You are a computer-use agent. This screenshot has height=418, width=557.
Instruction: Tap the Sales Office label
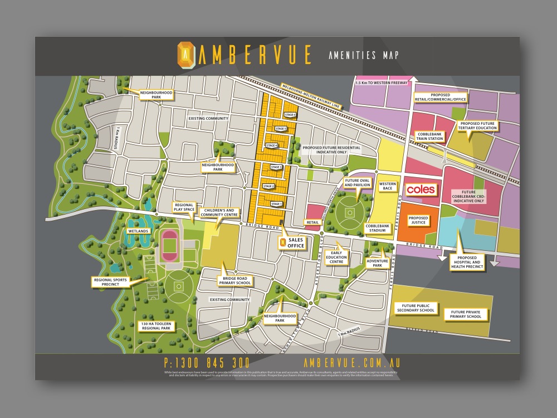pyautogui.click(x=296, y=242)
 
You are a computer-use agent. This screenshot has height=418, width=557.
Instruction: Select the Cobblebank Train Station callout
pyautogui.click(x=430, y=137)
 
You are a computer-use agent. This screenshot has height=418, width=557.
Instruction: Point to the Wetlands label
pyautogui.click(x=139, y=231)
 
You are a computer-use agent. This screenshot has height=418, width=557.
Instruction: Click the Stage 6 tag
pyautogui.click(x=289, y=115)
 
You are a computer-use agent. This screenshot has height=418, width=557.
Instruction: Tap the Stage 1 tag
pyautogui.click(x=276, y=204)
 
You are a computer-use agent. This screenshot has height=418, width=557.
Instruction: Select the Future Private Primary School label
pyautogui.click(x=466, y=314)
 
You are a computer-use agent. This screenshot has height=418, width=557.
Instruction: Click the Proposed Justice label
pyautogui.click(x=418, y=220)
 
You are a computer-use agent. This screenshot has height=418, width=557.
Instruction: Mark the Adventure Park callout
pyautogui.click(x=377, y=263)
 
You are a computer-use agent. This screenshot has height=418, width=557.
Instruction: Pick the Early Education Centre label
pyautogui.click(x=336, y=258)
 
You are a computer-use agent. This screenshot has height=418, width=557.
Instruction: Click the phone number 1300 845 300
pyautogui.click(x=207, y=363)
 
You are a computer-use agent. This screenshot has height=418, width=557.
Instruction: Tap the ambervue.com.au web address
pyautogui.click(x=352, y=363)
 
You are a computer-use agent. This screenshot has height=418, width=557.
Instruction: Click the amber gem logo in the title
pyautogui.click(x=185, y=54)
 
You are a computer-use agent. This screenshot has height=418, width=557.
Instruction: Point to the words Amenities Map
pyautogui.click(x=363, y=55)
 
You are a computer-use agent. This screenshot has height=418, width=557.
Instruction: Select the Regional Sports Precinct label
pyautogui.click(x=113, y=282)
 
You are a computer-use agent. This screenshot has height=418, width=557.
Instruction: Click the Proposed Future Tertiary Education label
pyautogui.click(x=476, y=125)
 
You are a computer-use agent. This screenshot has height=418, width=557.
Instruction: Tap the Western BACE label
pyautogui.click(x=388, y=186)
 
